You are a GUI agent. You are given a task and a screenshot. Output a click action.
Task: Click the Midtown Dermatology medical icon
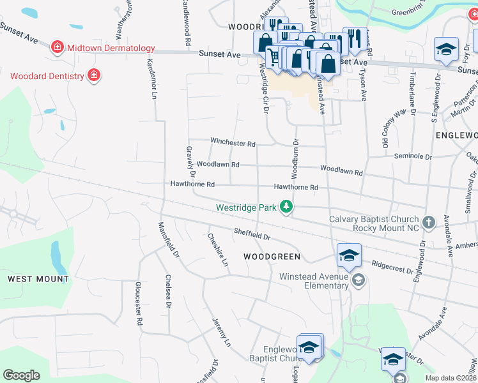pyautogui.click(x=58, y=48)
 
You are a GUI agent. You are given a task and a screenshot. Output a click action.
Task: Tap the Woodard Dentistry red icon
pyautogui.click(x=94, y=76)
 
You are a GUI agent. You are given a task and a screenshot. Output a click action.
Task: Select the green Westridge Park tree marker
pyautogui.click(x=288, y=207)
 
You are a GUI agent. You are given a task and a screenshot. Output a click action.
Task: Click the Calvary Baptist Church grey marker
pyautogui.click(x=428, y=223)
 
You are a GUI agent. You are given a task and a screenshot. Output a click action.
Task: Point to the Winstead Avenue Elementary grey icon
pyautogui.click(x=358, y=280)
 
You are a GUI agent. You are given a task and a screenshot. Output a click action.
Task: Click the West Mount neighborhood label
pyautogui.click(x=38, y=279)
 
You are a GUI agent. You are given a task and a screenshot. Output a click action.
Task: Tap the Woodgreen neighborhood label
pyautogui.click(x=272, y=257)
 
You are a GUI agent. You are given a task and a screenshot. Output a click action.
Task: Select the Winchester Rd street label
pyautogui.click(x=233, y=144)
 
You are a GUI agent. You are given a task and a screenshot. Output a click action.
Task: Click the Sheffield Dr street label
pyautogui.click(x=252, y=235)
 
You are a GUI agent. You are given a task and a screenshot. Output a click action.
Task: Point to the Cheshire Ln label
pyautogui.click(x=217, y=249)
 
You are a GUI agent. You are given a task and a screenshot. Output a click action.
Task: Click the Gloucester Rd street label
pyautogui.click(x=138, y=304)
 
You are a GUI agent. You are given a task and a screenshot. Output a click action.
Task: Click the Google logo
pyautogui.click(x=21, y=375)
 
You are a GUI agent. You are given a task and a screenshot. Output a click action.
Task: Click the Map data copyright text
pyautogui.click(x=450, y=378)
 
